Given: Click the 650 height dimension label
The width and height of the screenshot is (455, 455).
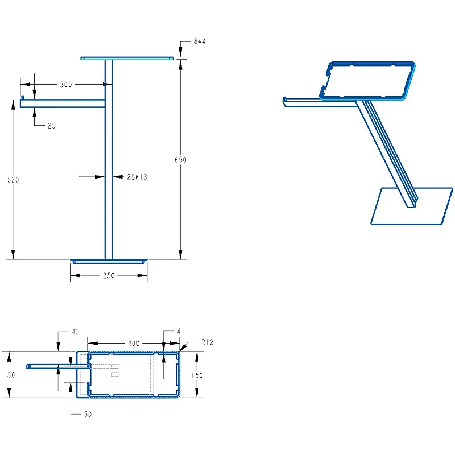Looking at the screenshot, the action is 180,160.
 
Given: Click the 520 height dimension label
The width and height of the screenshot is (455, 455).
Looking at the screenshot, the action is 13,180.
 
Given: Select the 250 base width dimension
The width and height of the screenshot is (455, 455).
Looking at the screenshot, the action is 109,275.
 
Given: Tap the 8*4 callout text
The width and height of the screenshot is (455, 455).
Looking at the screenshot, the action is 200,42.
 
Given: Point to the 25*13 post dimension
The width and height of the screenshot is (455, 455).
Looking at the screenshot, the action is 137,177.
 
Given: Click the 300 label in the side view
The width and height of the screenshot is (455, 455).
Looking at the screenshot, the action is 66,84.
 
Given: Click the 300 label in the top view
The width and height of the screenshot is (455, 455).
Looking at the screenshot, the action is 134,344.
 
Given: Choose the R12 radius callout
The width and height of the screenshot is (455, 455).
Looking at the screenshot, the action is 208,342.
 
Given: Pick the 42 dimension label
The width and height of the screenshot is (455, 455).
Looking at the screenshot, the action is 76,332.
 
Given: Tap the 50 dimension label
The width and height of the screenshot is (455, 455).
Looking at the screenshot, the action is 88,414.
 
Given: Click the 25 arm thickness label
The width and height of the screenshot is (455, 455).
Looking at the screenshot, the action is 52,126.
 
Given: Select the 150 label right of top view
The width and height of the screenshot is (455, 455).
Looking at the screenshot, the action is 197,375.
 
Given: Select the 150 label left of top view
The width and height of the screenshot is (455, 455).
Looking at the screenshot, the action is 9,375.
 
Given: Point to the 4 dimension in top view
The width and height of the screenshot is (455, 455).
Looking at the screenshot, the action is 179,332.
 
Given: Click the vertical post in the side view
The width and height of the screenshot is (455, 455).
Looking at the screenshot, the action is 109,160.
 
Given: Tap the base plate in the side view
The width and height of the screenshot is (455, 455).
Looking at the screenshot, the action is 109,261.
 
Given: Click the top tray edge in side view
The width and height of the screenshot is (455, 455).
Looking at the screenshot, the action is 127,59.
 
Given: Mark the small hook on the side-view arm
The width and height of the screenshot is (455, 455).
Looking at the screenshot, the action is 23,97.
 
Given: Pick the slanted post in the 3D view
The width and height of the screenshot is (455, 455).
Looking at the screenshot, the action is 387,154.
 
